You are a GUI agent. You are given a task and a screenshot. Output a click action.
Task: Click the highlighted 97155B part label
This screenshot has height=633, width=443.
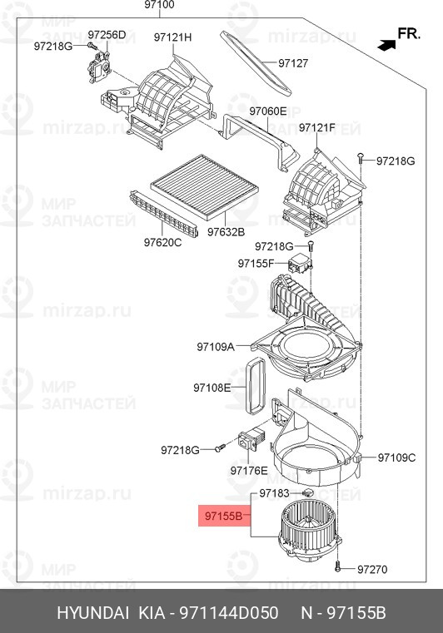[x=223, y=516]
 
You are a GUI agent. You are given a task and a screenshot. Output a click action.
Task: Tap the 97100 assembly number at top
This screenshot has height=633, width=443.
[x=159, y=5]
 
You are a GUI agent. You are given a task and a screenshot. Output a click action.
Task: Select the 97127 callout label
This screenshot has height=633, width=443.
[x=293, y=63]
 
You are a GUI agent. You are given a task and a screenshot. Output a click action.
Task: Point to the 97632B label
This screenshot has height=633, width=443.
[x=226, y=232]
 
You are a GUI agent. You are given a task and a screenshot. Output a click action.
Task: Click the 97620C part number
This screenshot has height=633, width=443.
[x=163, y=242]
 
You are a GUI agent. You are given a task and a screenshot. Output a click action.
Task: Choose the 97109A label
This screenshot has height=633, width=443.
[x=216, y=347]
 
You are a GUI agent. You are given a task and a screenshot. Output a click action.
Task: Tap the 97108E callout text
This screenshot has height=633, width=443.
[x=212, y=388]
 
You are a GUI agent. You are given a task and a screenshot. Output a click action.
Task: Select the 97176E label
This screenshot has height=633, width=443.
[x=249, y=470]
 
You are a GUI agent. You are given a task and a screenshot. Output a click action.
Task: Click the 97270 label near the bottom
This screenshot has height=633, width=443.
[x=372, y=570]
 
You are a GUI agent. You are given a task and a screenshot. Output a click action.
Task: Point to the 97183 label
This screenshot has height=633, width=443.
[x=274, y=493]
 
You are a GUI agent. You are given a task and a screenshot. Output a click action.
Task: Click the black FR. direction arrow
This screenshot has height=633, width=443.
[x=386, y=45]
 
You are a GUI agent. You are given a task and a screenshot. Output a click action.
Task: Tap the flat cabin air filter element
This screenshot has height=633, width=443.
[x=205, y=187]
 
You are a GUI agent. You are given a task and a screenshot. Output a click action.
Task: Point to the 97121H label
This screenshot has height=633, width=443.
[x=172, y=37]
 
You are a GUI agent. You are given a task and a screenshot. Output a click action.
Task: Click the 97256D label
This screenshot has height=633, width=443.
[x=107, y=35]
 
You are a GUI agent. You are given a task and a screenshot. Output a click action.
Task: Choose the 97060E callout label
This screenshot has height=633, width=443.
[x=267, y=111]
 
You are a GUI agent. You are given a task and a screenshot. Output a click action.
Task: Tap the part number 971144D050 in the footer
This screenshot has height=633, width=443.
[x=229, y=613]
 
